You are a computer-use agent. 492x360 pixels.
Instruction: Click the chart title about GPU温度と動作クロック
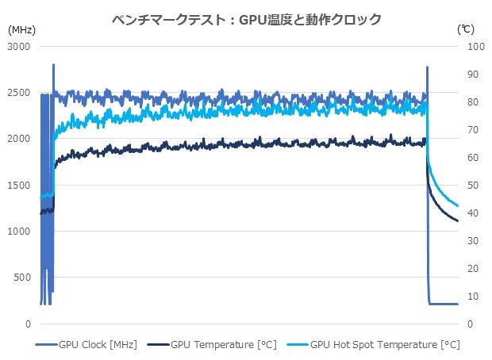click(x=246, y=17)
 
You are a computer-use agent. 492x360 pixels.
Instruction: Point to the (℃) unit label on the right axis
click(x=466, y=29)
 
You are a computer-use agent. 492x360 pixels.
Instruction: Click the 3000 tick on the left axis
click(x=19, y=46)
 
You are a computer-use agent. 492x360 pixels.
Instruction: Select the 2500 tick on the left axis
click(x=19, y=92)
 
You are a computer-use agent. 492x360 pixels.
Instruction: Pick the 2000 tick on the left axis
click(x=19, y=139)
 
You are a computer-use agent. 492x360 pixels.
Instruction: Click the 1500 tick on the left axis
click(x=19, y=185)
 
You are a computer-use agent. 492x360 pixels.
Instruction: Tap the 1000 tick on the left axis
click(x=19, y=232)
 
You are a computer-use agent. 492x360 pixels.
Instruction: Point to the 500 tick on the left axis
click(x=21, y=278)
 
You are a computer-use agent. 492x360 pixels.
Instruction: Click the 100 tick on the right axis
click(x=470, y=46)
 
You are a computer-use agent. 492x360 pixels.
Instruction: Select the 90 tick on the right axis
click(x=467, y=74)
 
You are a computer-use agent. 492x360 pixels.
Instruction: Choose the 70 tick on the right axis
click(x=467, y=129)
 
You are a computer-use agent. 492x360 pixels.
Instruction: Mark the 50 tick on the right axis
click(x=467, y=185)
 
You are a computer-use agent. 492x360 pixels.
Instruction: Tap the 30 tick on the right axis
click(x=467, y=240)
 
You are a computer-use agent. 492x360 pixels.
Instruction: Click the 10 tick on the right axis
click(x=467, y=296)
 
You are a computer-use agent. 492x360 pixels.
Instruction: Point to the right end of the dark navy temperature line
click(x=457, y=220)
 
